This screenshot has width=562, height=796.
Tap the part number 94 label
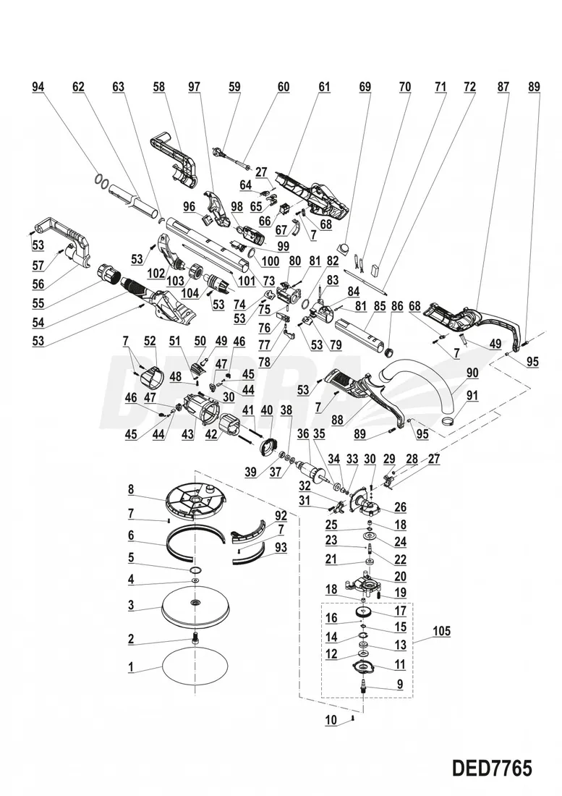tap(38, 87)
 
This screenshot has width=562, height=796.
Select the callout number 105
tap(441, 632)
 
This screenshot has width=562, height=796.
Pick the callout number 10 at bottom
tap(331, 720)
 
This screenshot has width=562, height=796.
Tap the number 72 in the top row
tap(469, 87)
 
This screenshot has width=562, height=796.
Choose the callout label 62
tap(78, 87)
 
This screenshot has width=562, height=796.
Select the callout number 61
tap(323, 87)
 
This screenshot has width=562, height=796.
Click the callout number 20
tap(399, 577)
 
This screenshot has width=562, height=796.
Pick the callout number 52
tap(150, 341)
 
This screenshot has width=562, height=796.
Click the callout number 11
tap(399, 664)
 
